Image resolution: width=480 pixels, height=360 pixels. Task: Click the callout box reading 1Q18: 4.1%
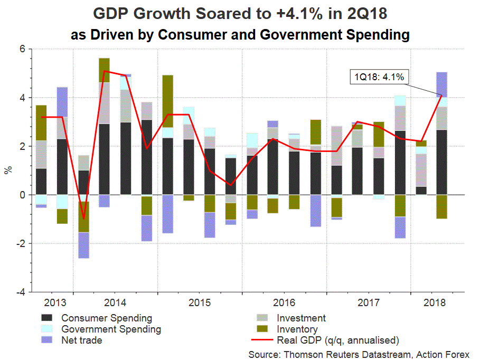[379, 77]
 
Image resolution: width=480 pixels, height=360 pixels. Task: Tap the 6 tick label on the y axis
[23, 49]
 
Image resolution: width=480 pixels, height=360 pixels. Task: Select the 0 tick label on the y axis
[23, 195]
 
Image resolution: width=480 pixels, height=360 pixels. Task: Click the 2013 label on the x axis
[54, 303]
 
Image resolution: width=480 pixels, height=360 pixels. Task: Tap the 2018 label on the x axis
[434, 303]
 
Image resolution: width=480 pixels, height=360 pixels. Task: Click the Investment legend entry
[301, 318]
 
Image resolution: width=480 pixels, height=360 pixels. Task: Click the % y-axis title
[8, 170]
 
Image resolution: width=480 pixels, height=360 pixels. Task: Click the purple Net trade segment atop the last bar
[441, 83]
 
